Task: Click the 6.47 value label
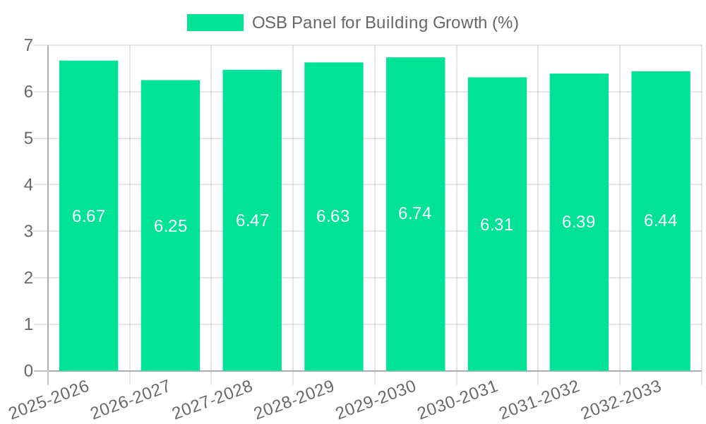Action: tap(252, 220)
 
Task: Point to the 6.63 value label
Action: tap(333, 217)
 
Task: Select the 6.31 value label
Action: tap(497, 225)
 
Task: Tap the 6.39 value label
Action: tap(578, 222)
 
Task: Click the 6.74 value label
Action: tap(415, 213)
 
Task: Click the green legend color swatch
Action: tap(215, 23)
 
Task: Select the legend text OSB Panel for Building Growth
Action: tap(385, 23)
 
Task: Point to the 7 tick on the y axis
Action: tap(28, 45)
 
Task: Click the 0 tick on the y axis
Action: tap(28, 371)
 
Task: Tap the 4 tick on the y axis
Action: tap(28, 185)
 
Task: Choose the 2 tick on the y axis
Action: tap(28, 278)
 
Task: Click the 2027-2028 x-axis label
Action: tap(213, 399)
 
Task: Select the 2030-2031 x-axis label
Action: tap(457, 399)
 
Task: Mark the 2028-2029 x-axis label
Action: tap(294, 399)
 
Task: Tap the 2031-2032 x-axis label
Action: tap(539, 399)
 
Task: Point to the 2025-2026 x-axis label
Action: tap(49, 399)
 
